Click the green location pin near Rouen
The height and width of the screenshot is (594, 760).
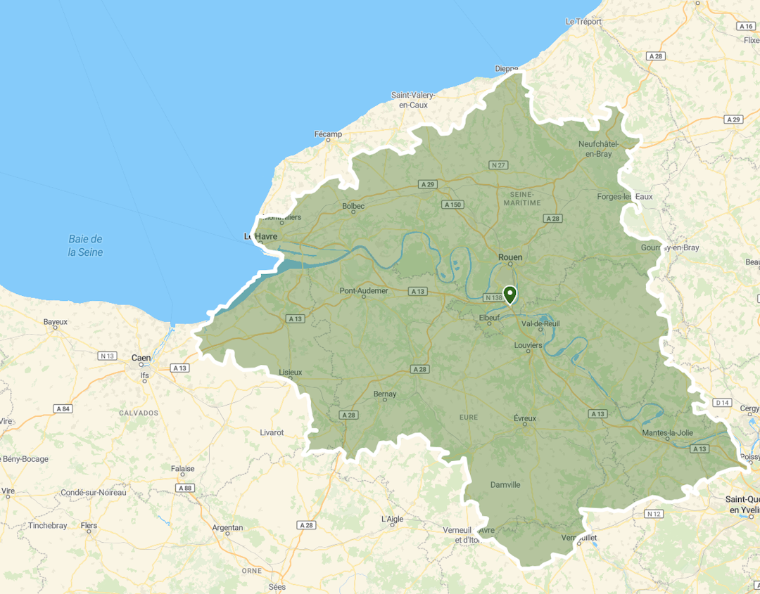pyautogui.click(x=509, y=294)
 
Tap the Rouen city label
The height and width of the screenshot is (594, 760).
pyautogui.click(x=510, y=257)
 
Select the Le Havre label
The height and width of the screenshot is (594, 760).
pyautogui.click(x=260, y=237)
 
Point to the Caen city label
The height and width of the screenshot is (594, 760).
pyautogui.click(x=141, y=358)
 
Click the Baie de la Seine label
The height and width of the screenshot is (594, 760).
pyautogui.click(x=85, y=245)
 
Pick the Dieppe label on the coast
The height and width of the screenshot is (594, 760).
pyautogui.click(x=506, y=69)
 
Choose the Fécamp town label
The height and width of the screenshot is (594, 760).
pyautogui.click(x=328, y=134)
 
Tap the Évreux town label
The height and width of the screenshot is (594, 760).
pyautogui.click(x=525, y=418)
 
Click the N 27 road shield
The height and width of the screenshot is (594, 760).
pyautogui.click(x=498, y=165)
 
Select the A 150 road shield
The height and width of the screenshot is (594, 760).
pyautogui.click(x=452, y=205)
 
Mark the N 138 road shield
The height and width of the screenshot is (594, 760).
pyautogui.click(x=493, y=298)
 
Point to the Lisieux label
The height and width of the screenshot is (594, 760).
pyautogui.click(x=291, y=372)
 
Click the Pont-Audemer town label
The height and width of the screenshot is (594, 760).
pyautogui.click(x=363, y=290)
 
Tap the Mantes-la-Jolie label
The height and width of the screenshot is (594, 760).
pyautogui.click(x=666, y=433)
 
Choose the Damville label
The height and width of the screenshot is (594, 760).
pyautogui.click(x=505, y=485)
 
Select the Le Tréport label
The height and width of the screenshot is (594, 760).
pyautogui.click(x=583, y=22)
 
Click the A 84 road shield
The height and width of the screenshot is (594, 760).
pyautogui.click(x=63, y=408)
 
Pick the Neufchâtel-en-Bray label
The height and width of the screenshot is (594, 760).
pyautogui.click(x=595, y=149)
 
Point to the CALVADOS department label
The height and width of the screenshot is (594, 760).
pyautogui.click(x=139, y=413)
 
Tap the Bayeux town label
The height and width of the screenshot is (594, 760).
pyautogui.click(x=55, y=322)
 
